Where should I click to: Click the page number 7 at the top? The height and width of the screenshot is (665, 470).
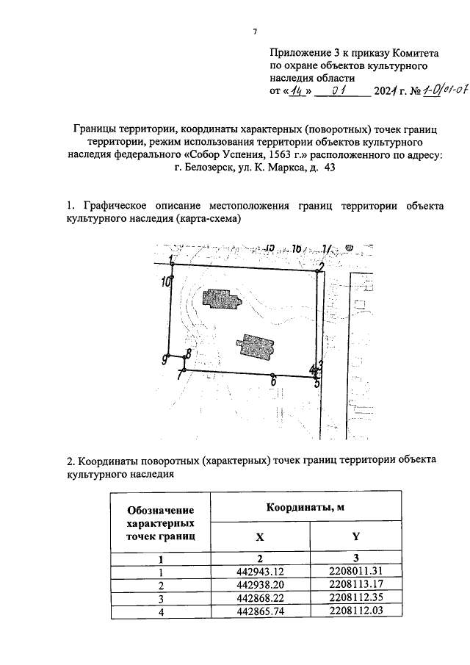pos(253,31)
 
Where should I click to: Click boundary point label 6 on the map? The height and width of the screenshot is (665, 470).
pos(273,381)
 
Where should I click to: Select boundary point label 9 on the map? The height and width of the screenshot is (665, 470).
pos(167,359)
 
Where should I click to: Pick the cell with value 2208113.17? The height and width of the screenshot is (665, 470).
pos(355,584)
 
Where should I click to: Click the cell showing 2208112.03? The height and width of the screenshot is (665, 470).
pos(355,611)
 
